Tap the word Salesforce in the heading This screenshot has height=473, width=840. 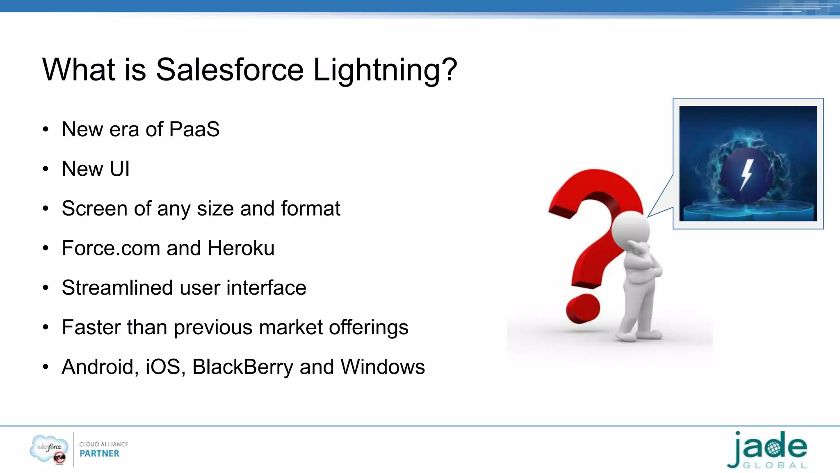229,70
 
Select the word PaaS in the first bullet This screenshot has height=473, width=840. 194,129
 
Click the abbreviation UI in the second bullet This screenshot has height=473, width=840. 119,169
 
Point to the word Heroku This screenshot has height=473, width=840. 241,248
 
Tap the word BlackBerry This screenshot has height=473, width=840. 242,367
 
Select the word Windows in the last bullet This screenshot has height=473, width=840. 382,367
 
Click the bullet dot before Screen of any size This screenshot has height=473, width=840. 46,209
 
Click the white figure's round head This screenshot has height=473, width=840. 630,230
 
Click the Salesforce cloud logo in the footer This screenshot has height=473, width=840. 49,448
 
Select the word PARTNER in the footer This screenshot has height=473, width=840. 99,454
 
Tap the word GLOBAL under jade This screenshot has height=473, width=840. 775,466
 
